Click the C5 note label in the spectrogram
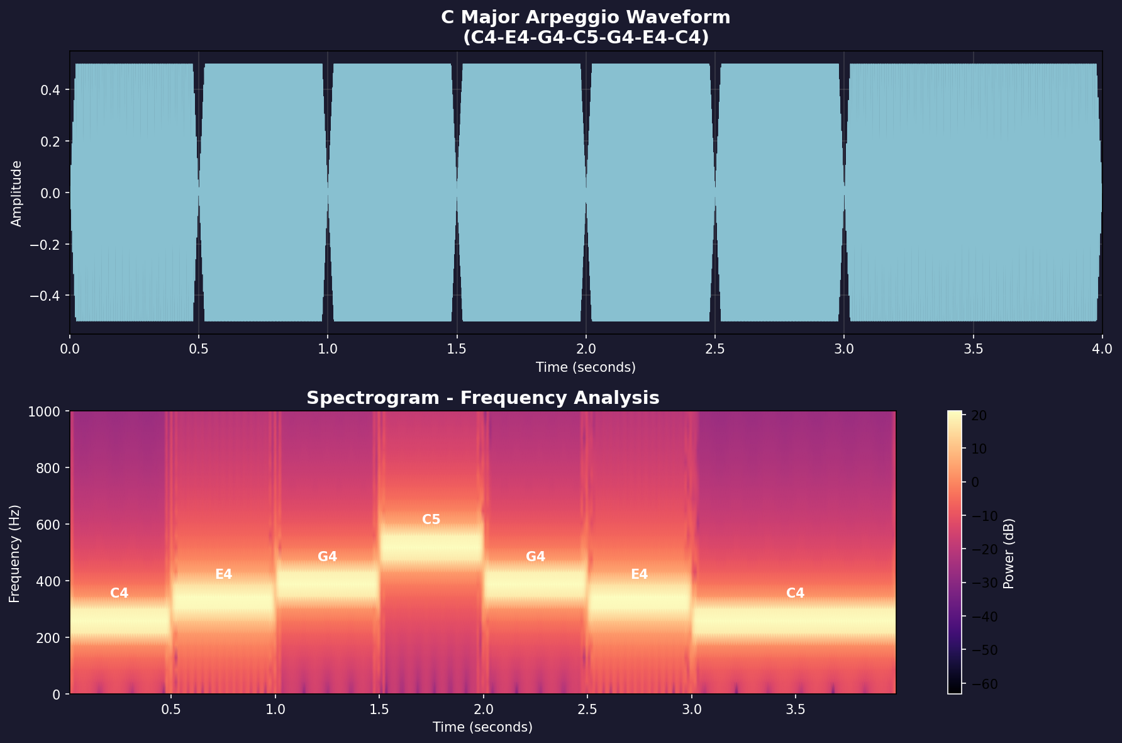point(431,520)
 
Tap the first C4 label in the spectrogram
point(119,593)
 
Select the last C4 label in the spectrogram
point(795,593)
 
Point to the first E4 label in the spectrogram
point(223,574)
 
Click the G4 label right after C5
point(535,556)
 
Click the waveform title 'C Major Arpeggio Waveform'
point(586,17)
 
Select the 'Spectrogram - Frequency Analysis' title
point(482,398)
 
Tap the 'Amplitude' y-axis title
point(16,193)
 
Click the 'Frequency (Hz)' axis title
point(15,554)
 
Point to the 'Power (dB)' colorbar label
point(1009,554)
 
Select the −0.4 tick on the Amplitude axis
point(47,296)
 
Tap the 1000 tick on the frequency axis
point(44,411)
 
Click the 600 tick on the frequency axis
point(48,525)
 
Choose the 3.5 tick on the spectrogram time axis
point(796,710)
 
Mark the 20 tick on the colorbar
point(979,415)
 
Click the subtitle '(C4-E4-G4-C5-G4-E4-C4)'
point(586,37)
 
